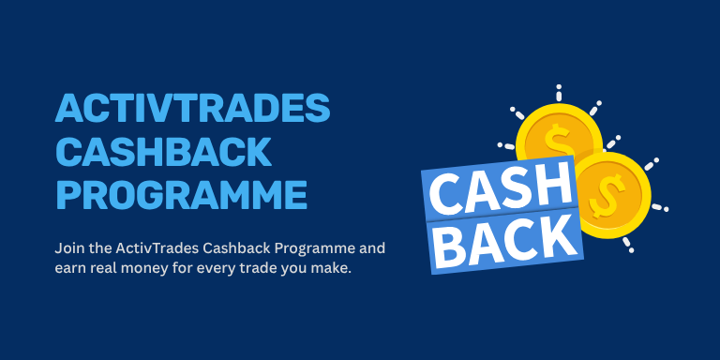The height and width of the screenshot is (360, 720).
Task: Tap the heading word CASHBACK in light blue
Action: click(x=162, y=153)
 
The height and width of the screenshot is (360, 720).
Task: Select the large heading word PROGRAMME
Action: click(x=181, y=195)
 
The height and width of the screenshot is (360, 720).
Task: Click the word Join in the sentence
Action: click(x=68, y=250)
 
